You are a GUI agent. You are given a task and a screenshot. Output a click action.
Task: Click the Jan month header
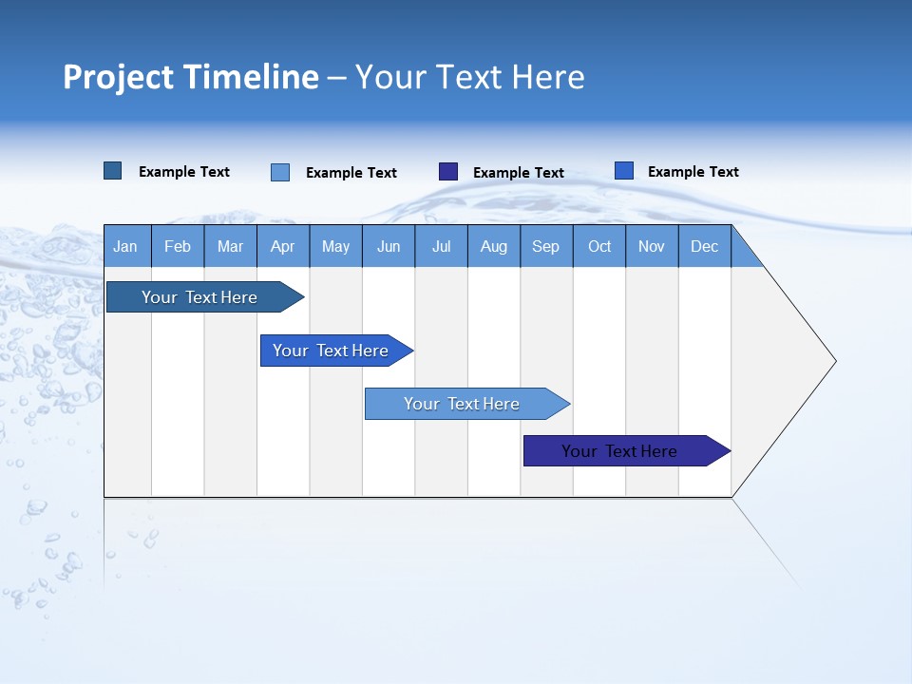(125, 246)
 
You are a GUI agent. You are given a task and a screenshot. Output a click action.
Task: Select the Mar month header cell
(230, 246)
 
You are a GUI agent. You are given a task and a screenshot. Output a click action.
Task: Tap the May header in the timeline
(335, 246)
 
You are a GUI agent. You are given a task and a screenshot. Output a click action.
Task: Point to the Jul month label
(441, 246)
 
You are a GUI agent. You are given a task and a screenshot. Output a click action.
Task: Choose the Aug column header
(493, 246)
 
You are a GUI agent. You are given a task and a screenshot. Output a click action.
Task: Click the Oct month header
(599, 246)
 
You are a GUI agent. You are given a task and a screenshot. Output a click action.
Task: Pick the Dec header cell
(704, 246)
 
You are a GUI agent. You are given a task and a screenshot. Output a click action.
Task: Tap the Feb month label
(178, 246)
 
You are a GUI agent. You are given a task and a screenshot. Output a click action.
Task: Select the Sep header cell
(545, 246)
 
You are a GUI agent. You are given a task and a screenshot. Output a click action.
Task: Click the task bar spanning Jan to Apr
(199, 297)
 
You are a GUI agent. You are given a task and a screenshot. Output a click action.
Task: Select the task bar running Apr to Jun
(331, 351)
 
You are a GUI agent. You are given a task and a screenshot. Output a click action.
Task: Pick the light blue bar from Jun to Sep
(462, 404)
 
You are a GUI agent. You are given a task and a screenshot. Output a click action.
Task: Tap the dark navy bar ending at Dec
(619, 451)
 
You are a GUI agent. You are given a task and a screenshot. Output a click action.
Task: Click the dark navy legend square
(448, 172)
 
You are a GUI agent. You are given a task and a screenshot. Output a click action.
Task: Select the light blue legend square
(280, 172)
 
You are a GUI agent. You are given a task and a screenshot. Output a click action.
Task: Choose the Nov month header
(652, 246)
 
